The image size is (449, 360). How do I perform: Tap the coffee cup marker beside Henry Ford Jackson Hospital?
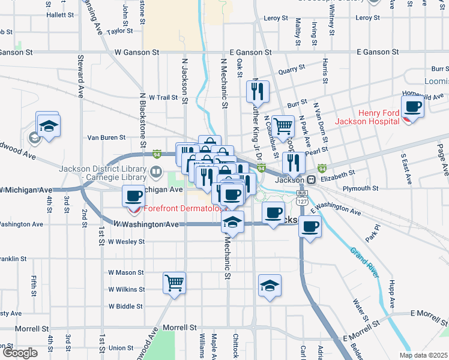[x=412, y=107]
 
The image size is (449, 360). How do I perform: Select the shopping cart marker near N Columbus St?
[x=283, y=126]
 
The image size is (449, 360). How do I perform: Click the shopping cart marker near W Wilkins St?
[x=174, y=283]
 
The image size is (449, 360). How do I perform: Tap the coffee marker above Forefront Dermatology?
[x=133, y=196]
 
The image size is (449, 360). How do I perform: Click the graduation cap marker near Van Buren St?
[x=47, y=127]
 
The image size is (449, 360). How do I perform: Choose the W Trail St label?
[x=163, y=97]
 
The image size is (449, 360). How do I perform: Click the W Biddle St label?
[x=125, y=306]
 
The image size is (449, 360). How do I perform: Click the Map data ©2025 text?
[x=423, y=355]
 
